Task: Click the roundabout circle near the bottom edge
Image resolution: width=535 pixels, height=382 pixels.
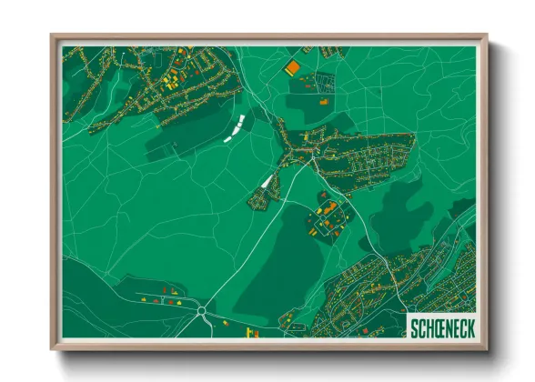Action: [200, 310]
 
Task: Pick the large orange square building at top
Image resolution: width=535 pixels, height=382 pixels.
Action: [292, 66]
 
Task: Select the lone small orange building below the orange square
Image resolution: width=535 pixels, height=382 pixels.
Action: [320, 102]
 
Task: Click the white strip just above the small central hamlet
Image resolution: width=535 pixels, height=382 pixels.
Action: [267, 180]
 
